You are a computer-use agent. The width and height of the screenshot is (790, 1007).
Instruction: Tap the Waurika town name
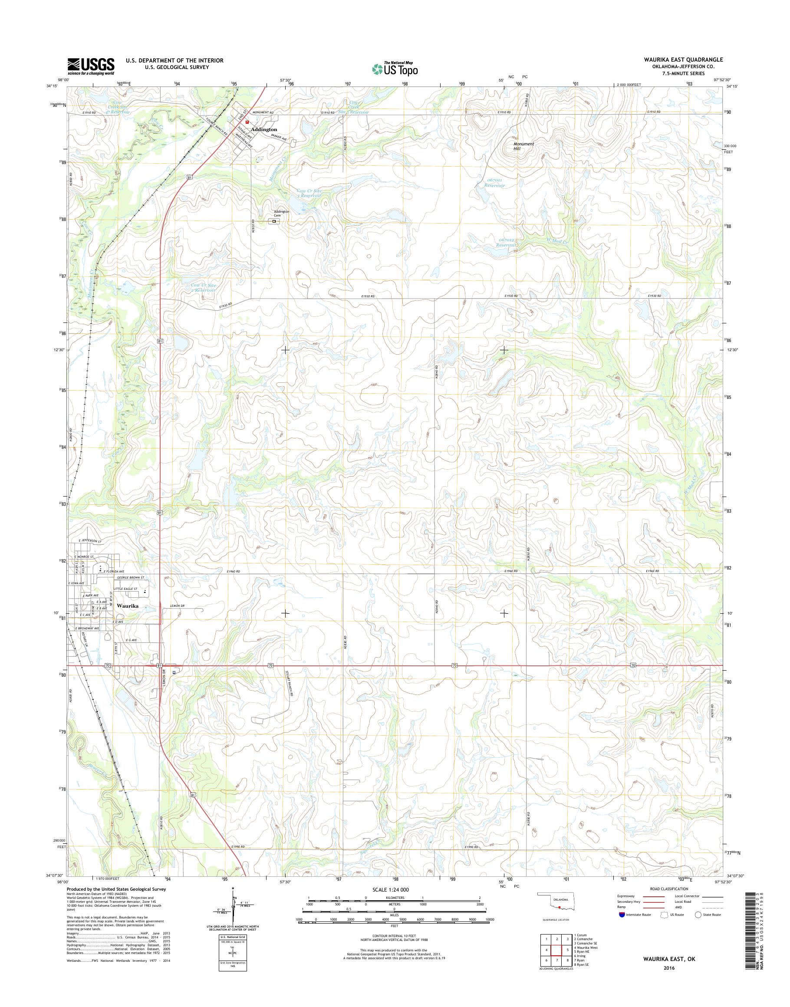tap(128, 605)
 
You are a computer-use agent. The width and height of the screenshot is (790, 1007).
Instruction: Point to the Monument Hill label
tap(523, 146)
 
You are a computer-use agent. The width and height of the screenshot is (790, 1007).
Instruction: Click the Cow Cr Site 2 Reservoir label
tap(203, 289)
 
